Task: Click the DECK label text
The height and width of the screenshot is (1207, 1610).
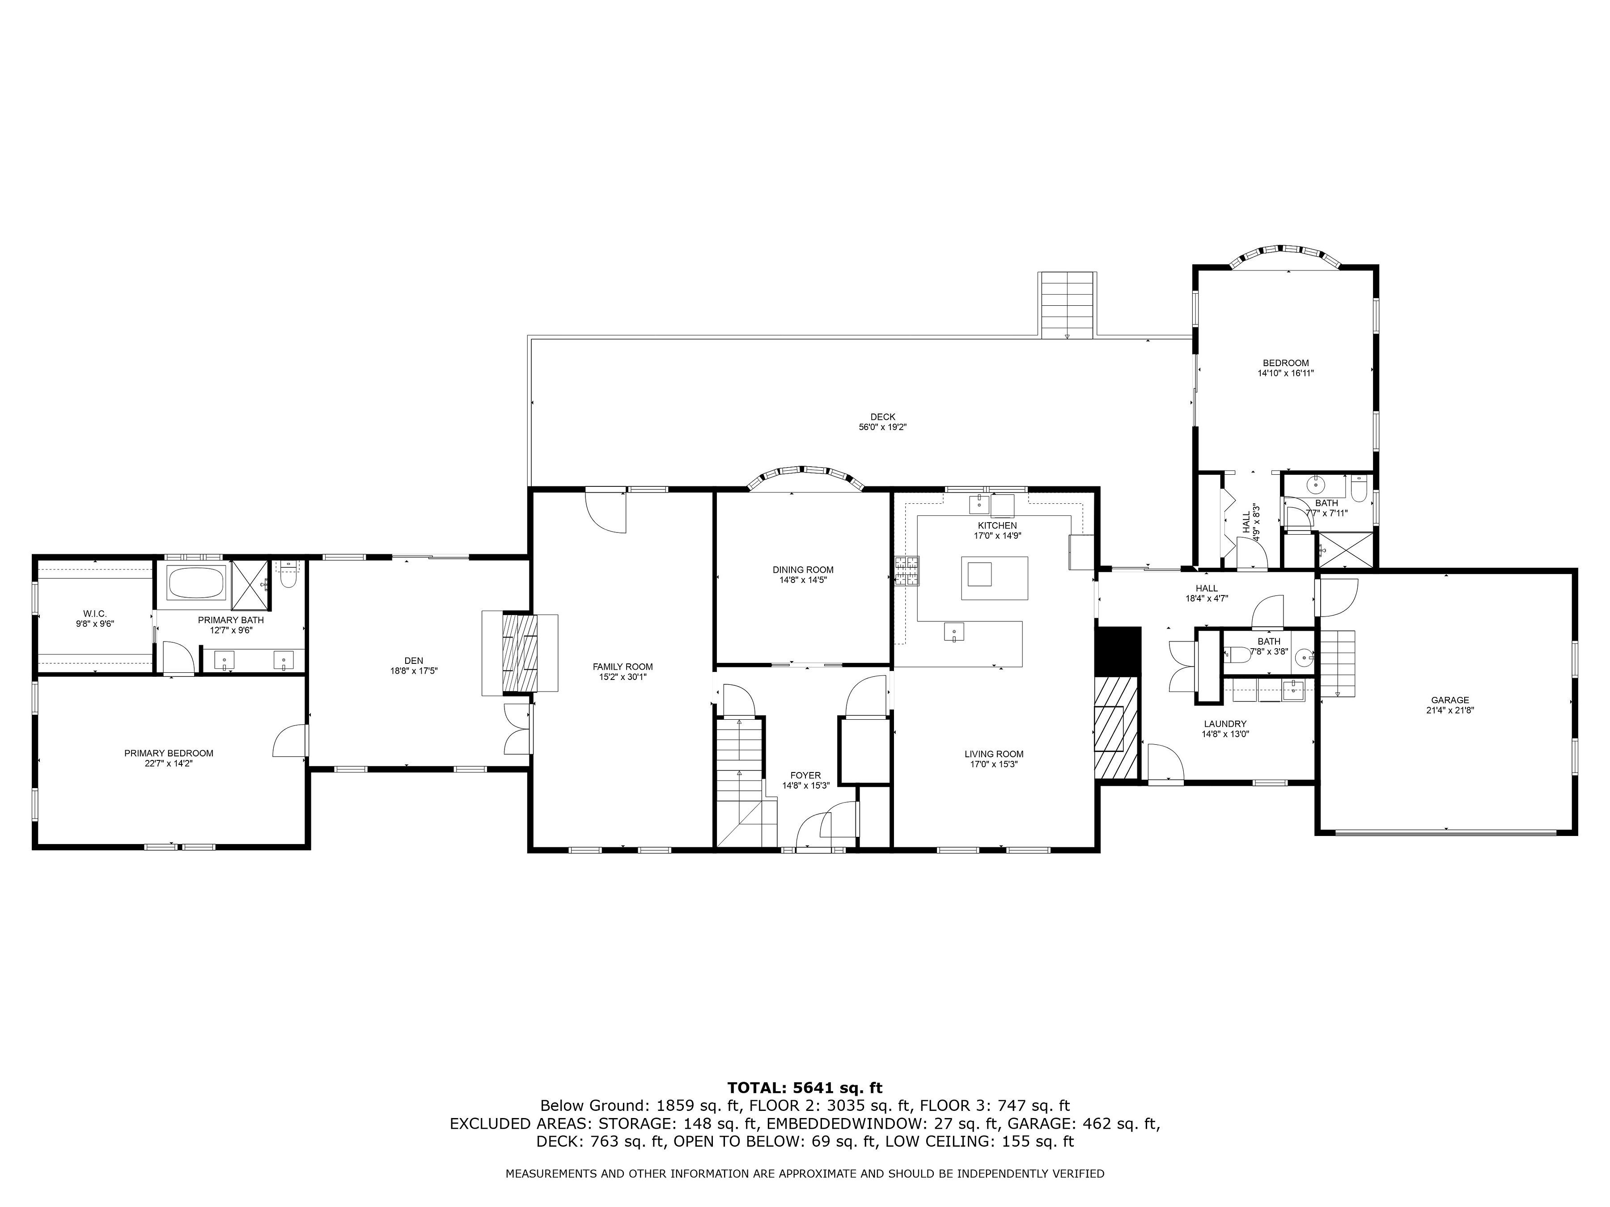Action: pyautogui.click(x=882, y=417)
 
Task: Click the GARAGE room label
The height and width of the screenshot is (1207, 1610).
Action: pyautogui.click(x=1450, y=700)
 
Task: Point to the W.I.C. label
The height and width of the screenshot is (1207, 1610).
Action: pyautogui.click(x=95, y=614)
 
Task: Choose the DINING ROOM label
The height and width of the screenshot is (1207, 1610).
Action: pyautogui.click(x=803, y=570)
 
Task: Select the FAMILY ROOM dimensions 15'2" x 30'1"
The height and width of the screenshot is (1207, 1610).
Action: pyautogui.click(x=623, y=677)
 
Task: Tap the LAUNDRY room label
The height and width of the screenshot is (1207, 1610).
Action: pyautogui.click(x=1225, y=724)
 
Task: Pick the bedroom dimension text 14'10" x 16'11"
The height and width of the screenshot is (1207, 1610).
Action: pyautogui.click(x=1285, y=373)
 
